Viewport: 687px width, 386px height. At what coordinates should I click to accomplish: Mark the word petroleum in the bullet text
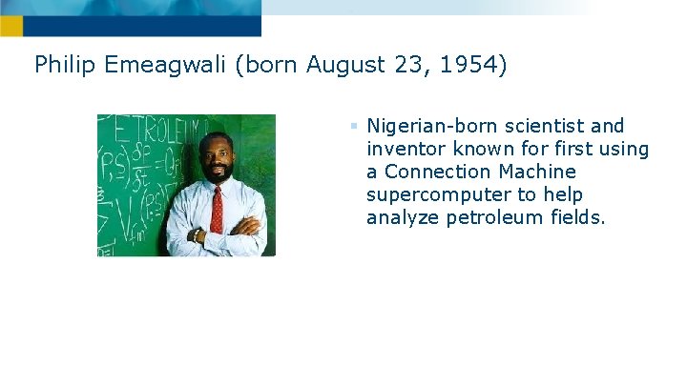[489, 217]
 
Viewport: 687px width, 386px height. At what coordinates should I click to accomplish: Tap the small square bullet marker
[352, 126]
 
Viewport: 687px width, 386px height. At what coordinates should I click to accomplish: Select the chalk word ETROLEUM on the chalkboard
[157, 127]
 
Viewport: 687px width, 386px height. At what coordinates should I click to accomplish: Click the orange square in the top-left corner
[10, 26]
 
